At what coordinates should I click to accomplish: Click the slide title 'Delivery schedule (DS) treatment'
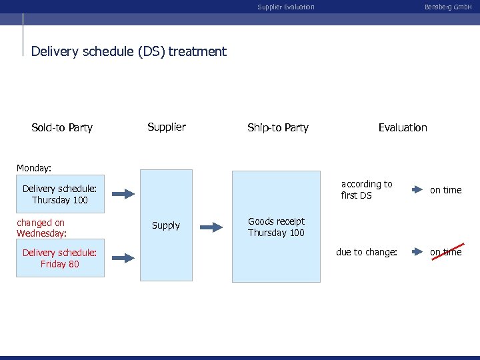pos(129,51)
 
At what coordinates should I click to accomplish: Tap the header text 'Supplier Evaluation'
pos(286,7)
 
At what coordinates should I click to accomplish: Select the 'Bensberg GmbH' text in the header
pos(448,7)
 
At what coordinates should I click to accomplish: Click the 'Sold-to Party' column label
pos(62,127)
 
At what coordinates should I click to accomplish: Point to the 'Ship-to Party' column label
pos(277,127)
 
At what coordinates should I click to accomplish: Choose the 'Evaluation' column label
pos(403,127)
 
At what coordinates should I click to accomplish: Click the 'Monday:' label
pos(34,169)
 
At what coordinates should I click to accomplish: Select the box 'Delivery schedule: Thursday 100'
pos(60,194)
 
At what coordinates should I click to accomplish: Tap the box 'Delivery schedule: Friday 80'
pos(60,258)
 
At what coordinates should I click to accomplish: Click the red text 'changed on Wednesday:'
pos(41,228)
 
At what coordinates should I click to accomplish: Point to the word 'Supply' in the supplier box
pos(166,225)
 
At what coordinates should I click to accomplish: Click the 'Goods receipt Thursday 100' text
pos(276,227)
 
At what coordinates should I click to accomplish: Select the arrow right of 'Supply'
pos(211,227)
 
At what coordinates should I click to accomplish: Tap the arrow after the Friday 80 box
pos(123,257)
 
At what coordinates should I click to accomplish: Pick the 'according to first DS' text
pos(367,189)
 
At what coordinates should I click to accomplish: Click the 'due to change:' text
pos(367,252)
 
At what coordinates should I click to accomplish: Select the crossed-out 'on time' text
pos(445,252)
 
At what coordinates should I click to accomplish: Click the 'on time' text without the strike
pos(445,190)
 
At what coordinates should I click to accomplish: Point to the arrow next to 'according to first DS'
pos(417,190)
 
